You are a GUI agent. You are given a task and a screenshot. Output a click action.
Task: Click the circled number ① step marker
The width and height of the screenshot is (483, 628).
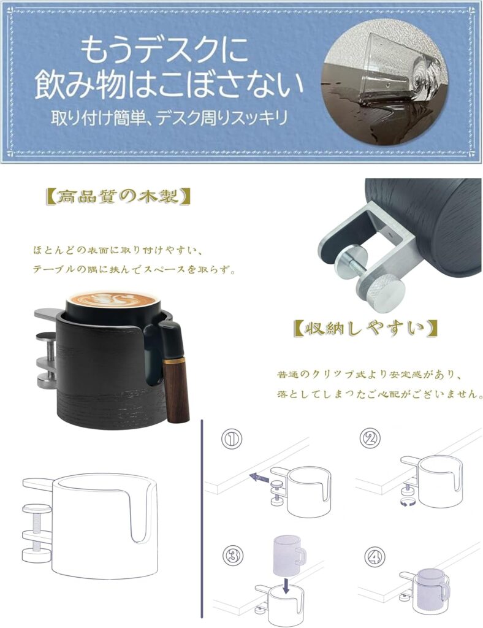[232, 438]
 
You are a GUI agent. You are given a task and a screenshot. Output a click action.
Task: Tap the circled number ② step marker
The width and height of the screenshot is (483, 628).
[369, 438]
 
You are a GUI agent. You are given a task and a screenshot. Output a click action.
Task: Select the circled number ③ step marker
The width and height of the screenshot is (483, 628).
[233, 556]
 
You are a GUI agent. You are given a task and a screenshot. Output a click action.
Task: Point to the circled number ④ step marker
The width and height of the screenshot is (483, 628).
[375, 557]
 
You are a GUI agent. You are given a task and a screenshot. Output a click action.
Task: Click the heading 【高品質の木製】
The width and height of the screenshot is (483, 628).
[118, 197]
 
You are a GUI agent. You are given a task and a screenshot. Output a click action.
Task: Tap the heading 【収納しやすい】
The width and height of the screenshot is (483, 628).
[365, 329]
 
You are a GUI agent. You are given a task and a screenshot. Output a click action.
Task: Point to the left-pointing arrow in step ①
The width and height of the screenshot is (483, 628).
[259, 477]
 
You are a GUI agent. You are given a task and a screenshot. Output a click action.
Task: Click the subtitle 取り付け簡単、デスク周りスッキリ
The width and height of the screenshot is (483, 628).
[169, 118]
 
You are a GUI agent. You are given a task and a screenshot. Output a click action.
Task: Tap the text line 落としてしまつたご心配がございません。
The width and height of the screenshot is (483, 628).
[379, 394]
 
